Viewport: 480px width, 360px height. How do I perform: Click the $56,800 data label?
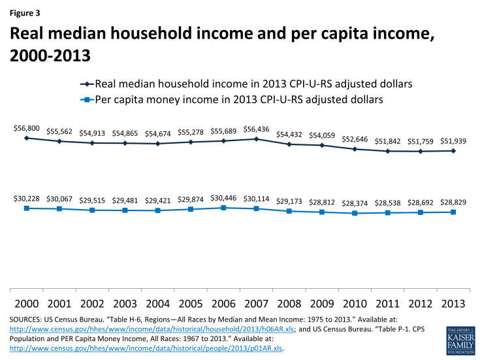(27, 129)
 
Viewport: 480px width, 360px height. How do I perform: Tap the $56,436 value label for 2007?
(257, 129)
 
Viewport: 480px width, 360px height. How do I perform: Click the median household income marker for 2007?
(257, 139)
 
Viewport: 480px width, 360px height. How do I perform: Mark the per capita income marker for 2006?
(223, 208)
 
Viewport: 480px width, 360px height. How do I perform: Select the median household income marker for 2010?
(355, 149)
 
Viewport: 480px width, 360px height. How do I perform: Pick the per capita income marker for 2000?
(27, 208)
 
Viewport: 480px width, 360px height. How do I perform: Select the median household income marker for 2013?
(453, 151)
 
